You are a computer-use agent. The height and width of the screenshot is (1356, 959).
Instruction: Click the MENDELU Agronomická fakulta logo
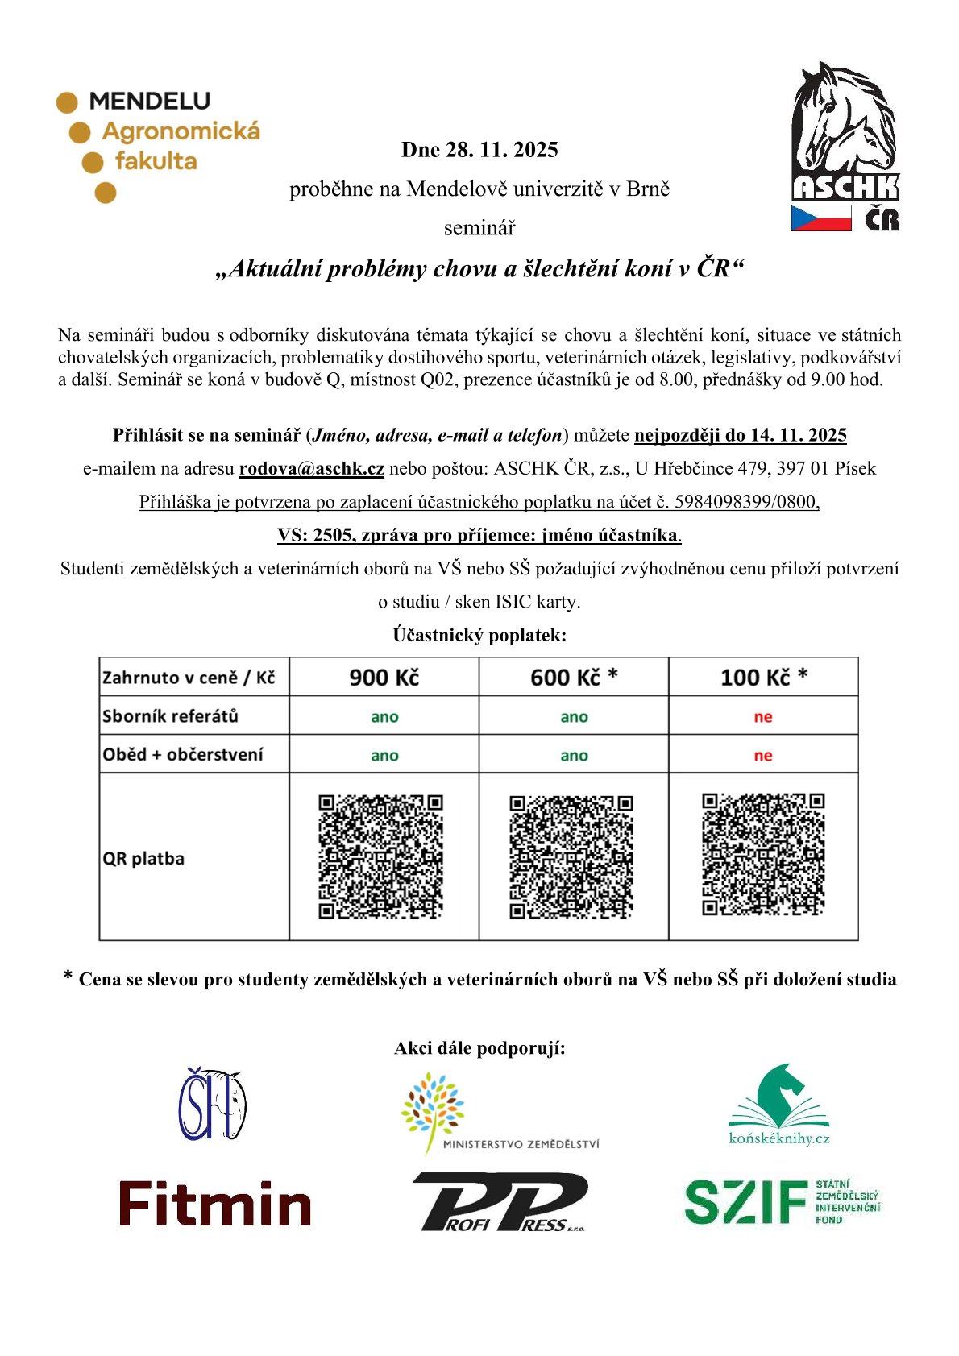[x=158, y=145]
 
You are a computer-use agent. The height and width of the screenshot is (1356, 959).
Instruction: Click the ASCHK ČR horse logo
[x=845, y=147]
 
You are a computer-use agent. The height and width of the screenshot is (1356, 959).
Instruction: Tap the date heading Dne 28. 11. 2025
[x=479, y=150]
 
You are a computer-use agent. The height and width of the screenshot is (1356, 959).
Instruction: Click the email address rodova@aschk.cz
[x=311, y=468]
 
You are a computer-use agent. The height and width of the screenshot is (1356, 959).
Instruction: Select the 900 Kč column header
[x=384, y=678]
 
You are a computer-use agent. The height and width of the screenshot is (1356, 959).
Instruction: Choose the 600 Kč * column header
[x=574, y=678]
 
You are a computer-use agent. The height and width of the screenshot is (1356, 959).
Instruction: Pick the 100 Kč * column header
[x=763, y=678]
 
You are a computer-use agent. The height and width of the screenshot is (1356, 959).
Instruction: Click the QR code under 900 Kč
[x=380, y=856]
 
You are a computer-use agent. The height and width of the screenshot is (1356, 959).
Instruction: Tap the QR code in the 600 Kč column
[x=571, y=857]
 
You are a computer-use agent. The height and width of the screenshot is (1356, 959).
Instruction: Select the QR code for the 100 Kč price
[x=763, y=855]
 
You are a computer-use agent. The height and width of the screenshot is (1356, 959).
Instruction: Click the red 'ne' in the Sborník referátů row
[x=763, y=717]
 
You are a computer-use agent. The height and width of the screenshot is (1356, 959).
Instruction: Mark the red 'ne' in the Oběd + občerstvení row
[x=763, y=756]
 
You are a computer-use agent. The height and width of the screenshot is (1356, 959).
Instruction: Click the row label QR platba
[x=143, y=859]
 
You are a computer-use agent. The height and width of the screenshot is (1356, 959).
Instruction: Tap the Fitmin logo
[x=215, y=1204]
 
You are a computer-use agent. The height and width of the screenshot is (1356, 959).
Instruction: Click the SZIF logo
[x=781, y=1201]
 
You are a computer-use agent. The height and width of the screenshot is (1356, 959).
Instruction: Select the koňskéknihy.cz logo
[x=778, y=1105]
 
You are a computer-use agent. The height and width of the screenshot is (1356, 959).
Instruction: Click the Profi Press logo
[x=500, y=1202]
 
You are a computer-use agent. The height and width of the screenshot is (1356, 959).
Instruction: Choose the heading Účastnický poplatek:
[x=479, y=635]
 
